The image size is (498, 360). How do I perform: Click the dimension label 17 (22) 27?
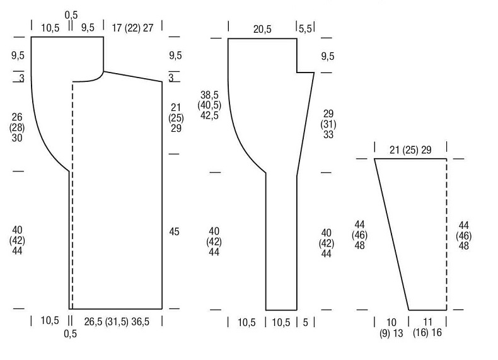132,28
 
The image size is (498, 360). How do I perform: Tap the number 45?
174,231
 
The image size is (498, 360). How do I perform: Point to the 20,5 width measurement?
262,29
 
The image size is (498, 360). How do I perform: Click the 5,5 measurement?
305,29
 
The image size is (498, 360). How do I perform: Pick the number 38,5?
209,95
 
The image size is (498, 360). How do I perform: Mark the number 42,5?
209,115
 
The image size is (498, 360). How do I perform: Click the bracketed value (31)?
328,124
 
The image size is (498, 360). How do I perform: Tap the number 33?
328,134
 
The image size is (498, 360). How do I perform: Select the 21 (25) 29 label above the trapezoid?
410,149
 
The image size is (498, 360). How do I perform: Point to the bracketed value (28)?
17,127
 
